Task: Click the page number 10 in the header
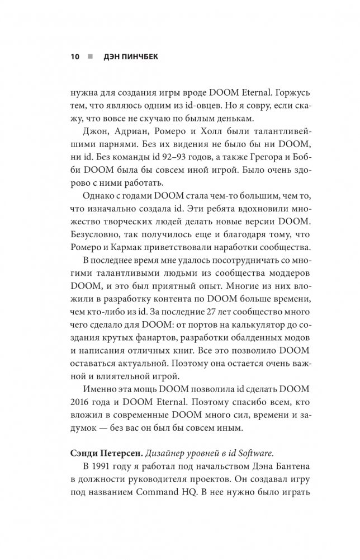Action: (74, 57)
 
